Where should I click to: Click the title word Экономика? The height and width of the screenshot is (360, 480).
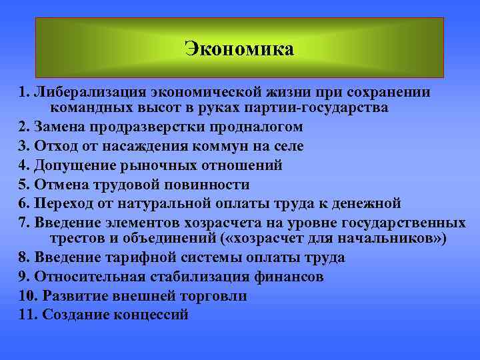pos(239,49)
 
